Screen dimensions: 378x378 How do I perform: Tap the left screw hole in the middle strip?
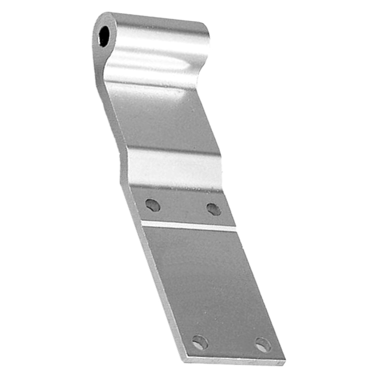coord(153,205)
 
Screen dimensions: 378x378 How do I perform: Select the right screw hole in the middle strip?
coord(214,209)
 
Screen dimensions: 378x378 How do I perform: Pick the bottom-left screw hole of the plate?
coord(200,342)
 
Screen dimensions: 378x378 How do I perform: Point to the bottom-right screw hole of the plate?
coord(263,345)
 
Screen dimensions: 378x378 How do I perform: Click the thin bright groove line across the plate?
coord(189,226)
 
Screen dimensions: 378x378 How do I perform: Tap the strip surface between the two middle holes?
coord(183,207)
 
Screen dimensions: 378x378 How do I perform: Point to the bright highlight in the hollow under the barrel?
coord(148,63)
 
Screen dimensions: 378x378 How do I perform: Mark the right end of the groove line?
coord(236,229)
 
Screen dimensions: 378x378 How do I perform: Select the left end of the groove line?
coord(143,222)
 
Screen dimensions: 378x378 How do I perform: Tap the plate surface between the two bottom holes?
coord(232,344)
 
